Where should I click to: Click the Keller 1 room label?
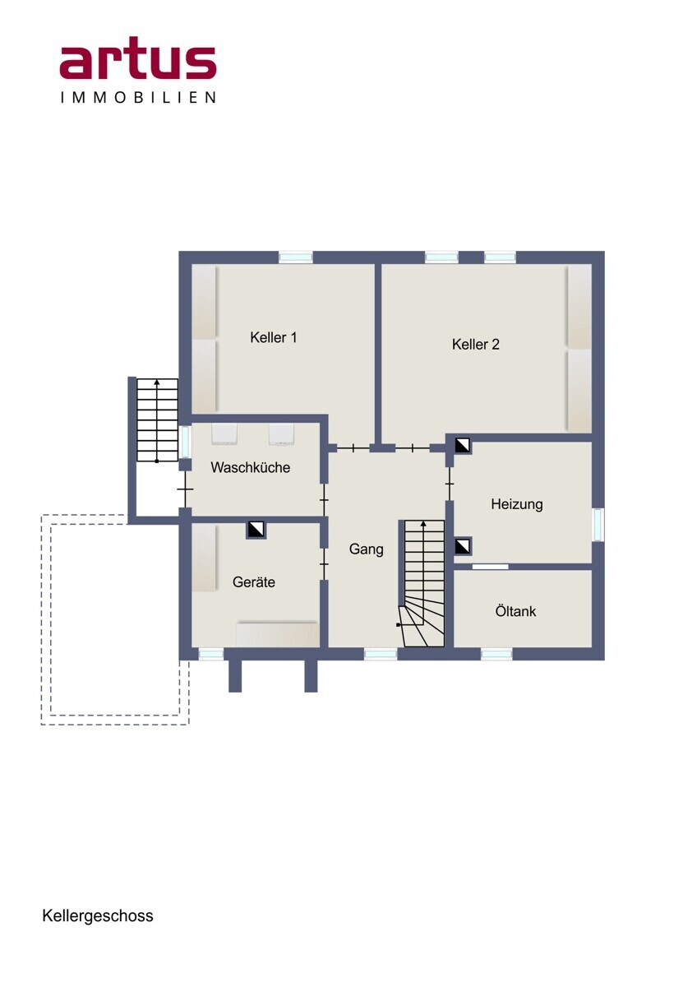[x=274, y=337]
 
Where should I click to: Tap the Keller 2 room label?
[x=476, y=344]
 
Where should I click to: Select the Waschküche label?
[x=250, y=467]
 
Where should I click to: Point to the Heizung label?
[x=517, y=504]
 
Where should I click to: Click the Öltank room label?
[x=515, y=611]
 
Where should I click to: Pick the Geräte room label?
[x=254, y=582]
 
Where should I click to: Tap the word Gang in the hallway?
[x=367, y=549]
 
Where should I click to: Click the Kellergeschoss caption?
[x=98, y=915]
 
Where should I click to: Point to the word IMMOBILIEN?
[x=138, y=97]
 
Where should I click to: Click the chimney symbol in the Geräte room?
[x=256, y=529]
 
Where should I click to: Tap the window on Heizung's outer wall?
[x=598, y=525]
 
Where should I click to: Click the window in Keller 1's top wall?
[x=296, y=257]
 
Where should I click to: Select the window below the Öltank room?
[x=496, y=654]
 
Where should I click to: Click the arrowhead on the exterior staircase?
[x=157, y=382]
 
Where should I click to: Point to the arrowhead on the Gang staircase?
[x=423, y=524]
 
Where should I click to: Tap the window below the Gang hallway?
[x=381, y=654]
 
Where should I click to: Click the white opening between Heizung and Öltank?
[x=490, y=567]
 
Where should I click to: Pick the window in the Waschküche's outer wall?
[x=186, y=442]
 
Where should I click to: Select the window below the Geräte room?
[x=211, y=654]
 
